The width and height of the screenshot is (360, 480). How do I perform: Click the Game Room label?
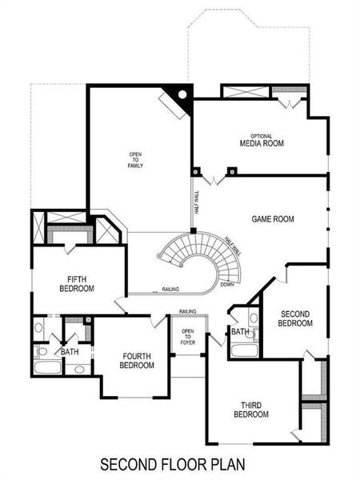click(274, 218)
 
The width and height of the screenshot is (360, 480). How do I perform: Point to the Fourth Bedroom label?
click(137, 361)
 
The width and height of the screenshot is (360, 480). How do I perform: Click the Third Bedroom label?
click(250, 410)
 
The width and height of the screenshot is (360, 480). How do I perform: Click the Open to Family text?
click(135, 159)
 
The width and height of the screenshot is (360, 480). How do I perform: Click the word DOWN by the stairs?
click(227, 284)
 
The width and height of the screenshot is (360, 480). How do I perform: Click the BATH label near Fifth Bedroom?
click(70, 351)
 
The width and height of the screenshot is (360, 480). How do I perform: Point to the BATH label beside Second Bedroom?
click(240, 331)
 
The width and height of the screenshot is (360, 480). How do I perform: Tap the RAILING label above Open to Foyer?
click(188, 311)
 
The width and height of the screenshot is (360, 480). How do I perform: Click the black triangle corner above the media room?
click(183, 95)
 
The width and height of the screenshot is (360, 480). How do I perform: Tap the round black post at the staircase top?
click(194, 232)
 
